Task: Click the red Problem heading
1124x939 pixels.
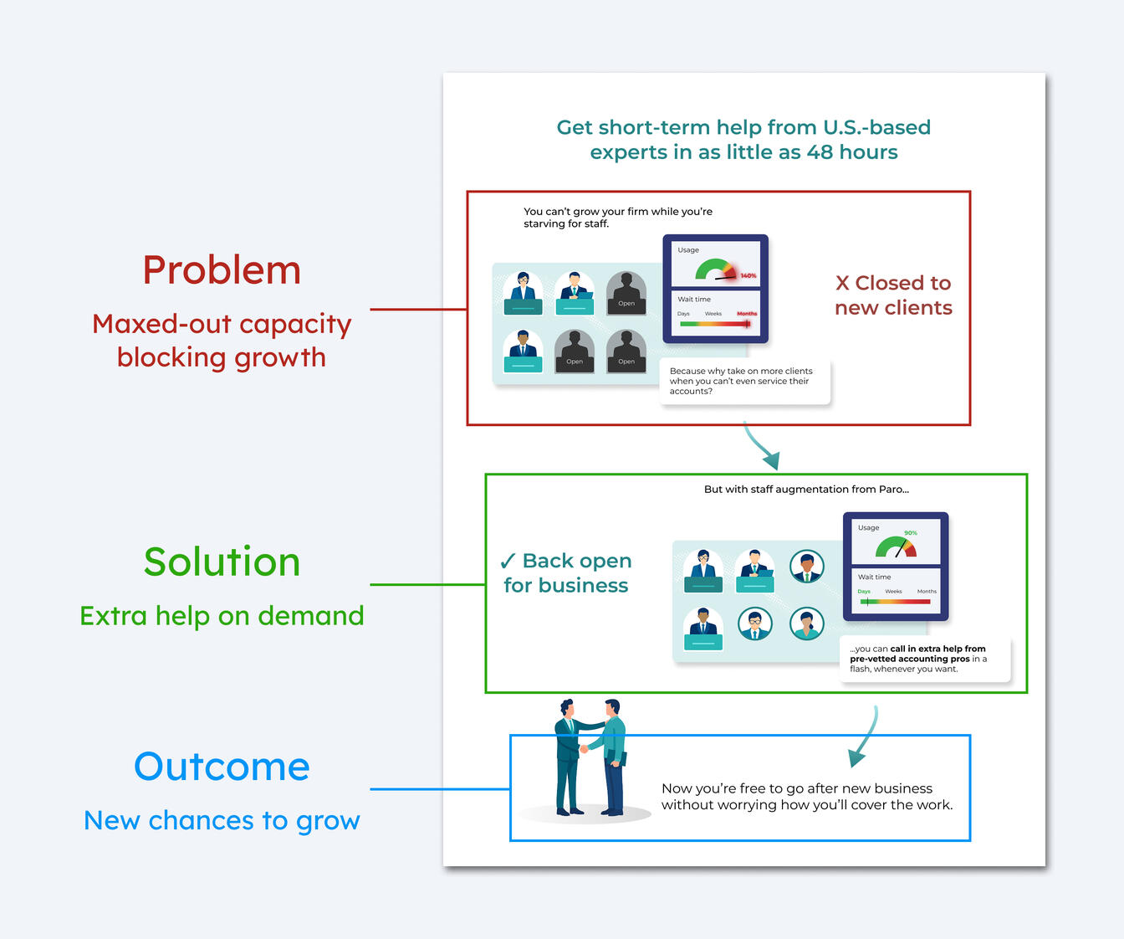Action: pos(222,270)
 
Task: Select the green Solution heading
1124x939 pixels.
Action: pos(222,562)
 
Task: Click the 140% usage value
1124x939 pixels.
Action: pos(748,276)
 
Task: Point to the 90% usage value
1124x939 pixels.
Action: pos(910,533)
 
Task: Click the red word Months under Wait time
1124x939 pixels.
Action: pos(747,314)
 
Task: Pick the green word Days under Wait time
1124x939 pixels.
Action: pos(863,592)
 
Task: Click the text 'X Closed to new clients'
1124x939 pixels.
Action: pos(893,295)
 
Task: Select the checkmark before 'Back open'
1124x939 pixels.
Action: pos(508,562)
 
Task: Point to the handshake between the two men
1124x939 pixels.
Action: pos(583,749)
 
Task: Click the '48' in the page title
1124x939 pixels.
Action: pos(820,152)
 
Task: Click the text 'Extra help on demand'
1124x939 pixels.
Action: pos(222,616)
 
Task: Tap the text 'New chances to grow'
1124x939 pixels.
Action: pos(222,820)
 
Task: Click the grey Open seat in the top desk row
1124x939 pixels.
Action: pos(626,293)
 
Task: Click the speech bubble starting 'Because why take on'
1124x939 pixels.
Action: pos(744,382)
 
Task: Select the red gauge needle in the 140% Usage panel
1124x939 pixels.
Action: pos(725,278)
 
